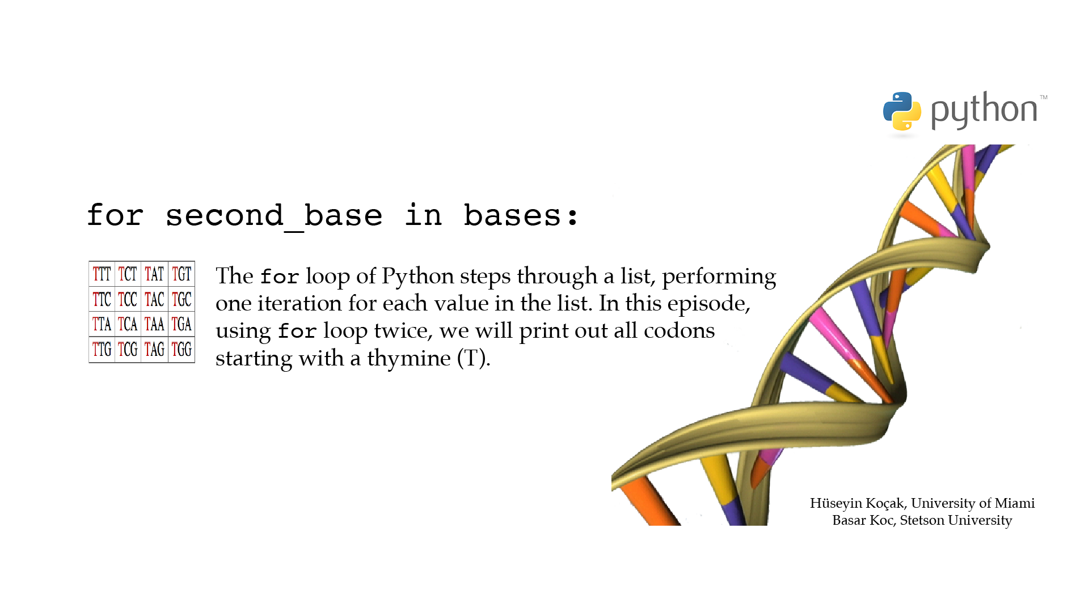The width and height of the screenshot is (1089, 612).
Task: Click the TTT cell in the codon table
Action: pos(102,274)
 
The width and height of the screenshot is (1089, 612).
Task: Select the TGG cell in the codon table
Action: pos(181,350)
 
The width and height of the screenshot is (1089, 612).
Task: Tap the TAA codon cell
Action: pos(154,324)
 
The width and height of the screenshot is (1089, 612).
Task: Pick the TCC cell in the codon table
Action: pos(128,299)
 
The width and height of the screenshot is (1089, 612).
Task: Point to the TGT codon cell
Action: pos(181,274)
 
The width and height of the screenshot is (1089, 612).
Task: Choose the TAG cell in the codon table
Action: pos(154,350)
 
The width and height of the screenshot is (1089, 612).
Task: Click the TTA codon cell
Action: pos(102,324)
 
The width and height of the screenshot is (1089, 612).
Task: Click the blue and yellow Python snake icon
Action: pos(902,111)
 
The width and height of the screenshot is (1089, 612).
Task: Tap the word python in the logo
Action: pos(984,110)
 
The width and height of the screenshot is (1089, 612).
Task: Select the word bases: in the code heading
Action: pos(521,216)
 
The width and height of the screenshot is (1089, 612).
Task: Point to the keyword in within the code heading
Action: pos(423,215)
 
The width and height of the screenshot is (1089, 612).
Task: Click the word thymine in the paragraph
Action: pos(409,359)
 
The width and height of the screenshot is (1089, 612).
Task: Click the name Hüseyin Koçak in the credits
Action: pos(857,503)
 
